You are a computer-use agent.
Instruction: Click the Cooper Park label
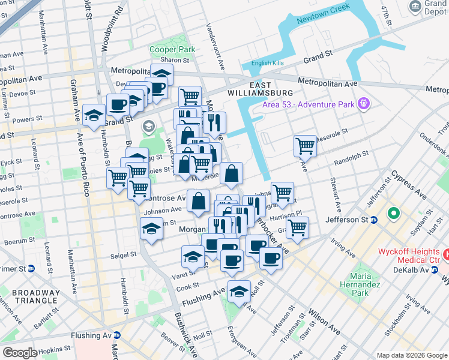click(173, 49)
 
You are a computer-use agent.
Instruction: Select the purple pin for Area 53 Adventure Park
click(363, 104)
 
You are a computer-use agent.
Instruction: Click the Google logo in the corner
click(20, 352)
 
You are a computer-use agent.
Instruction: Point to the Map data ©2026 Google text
click(411, 355)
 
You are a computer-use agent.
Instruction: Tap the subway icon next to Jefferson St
click(373, 220)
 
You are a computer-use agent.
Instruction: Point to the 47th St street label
click(388, 15)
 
